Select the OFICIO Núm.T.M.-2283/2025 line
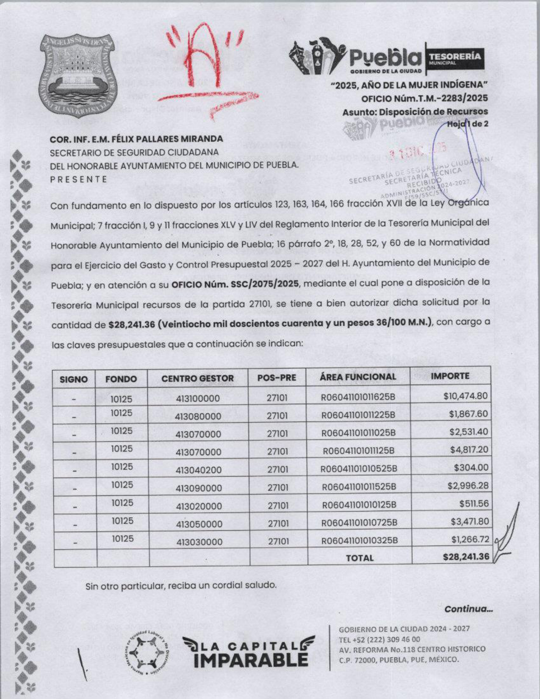pos(424,98)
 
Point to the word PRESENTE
pos(79,179)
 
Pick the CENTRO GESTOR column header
pos(197,379)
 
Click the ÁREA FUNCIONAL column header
pos(358,377)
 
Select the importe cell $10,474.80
pos(465,397)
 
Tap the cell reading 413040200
pos(199,470)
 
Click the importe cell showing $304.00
pos(471,468)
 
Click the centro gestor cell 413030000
pos(199,542)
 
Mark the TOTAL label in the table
pos(360,558)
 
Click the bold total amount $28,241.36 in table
pos(465,556)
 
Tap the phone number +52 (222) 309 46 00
pos(379,639)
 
